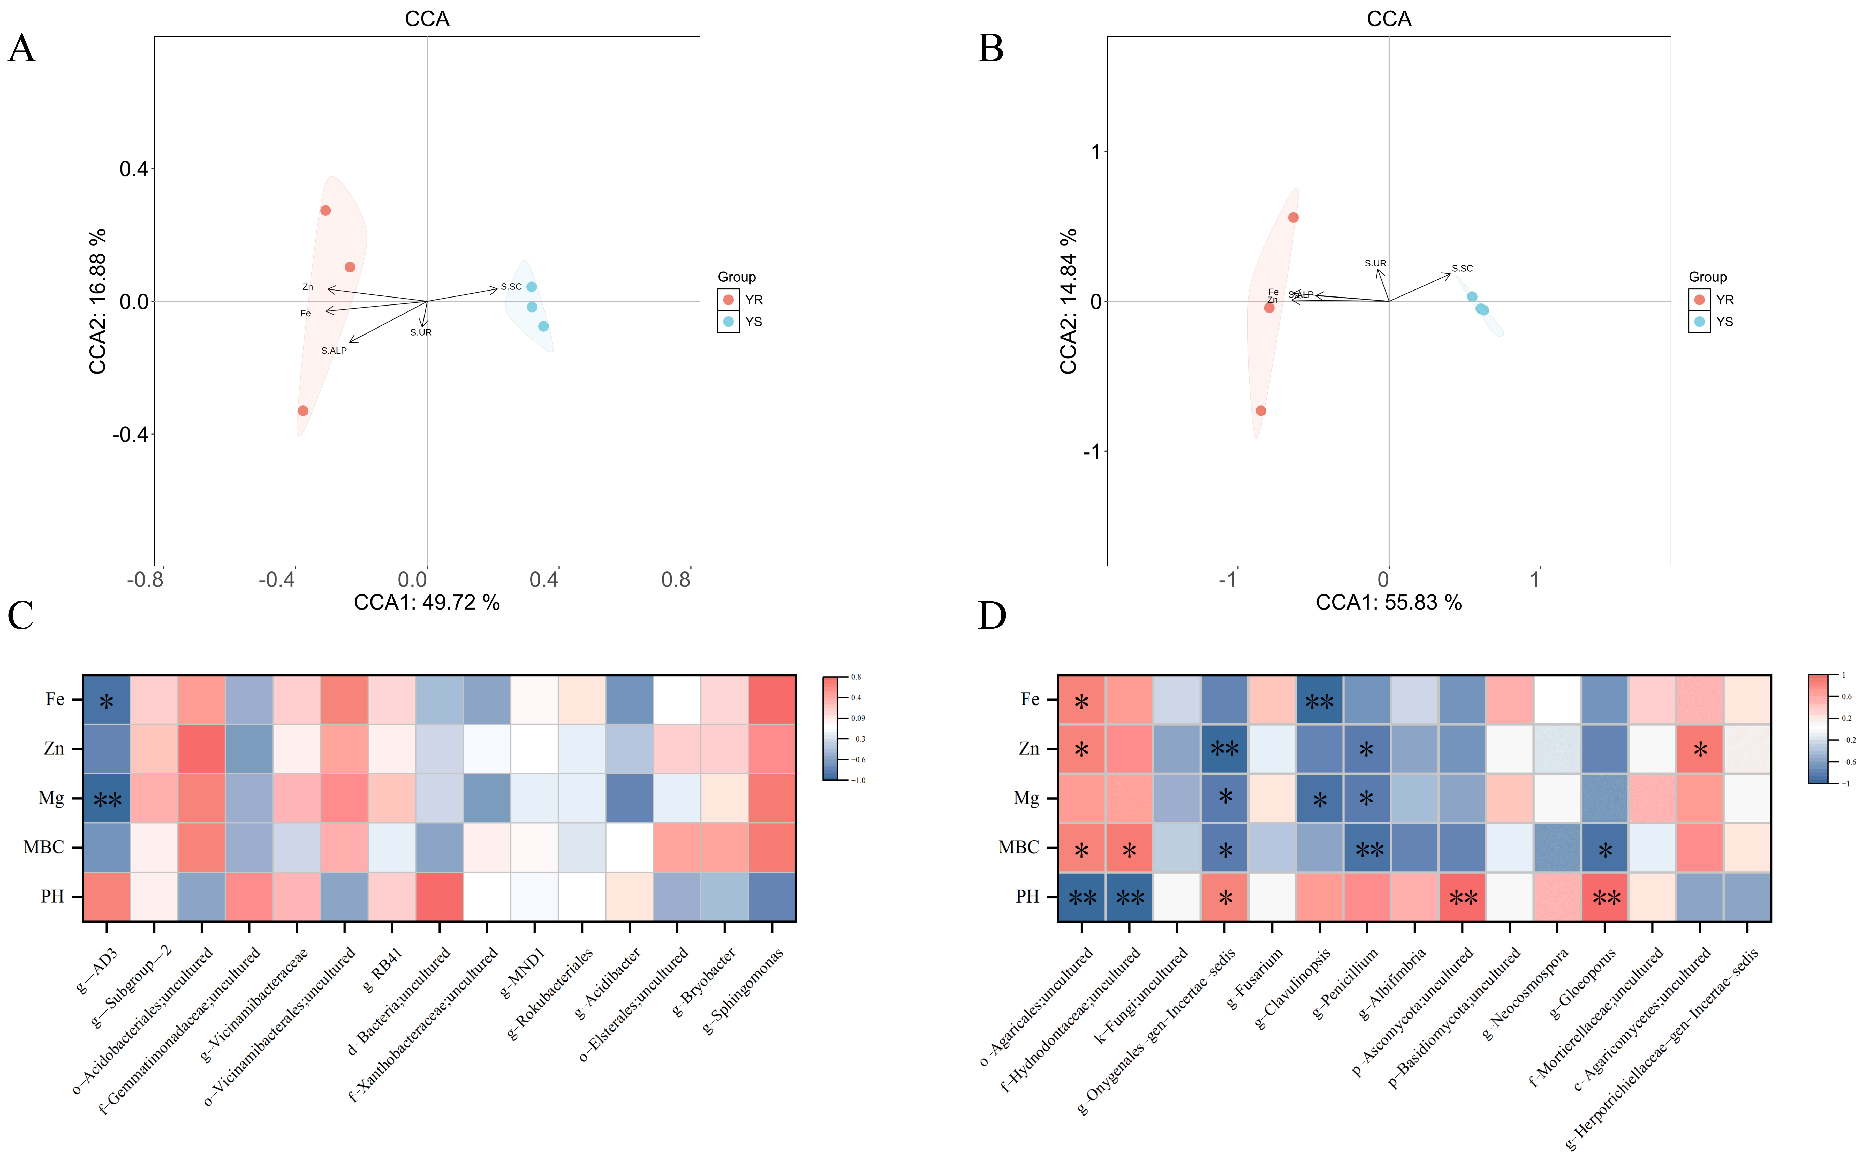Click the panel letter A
21,49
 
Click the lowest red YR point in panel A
303,411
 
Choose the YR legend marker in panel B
1699,299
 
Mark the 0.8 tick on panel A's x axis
675,581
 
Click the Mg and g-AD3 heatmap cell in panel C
107,798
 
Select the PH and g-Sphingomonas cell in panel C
772,897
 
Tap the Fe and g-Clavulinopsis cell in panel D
1320,700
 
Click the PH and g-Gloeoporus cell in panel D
1605,897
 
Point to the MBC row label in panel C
43,847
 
